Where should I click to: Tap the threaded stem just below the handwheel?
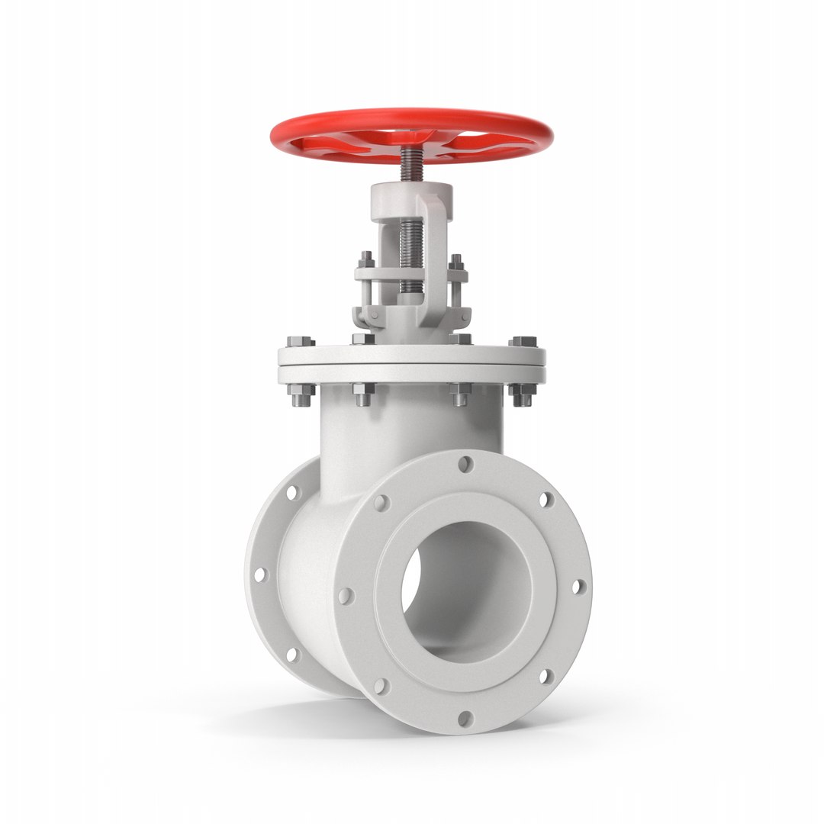point(411,166)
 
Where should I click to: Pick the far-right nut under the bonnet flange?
point(523,394)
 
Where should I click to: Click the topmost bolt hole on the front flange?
point(465,463)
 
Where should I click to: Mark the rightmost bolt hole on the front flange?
point(578,586)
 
